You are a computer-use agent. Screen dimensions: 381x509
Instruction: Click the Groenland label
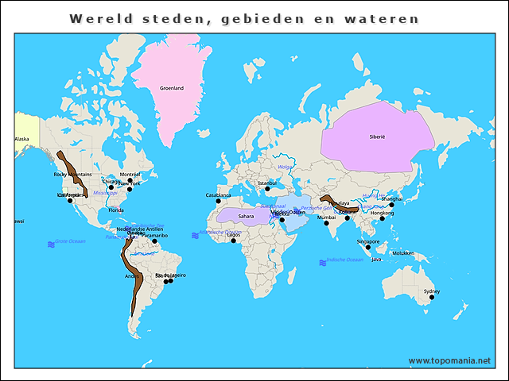172,88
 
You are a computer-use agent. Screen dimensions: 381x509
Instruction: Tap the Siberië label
377,137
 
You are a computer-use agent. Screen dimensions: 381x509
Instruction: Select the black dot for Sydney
433,297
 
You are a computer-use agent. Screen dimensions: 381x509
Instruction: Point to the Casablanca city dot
218,201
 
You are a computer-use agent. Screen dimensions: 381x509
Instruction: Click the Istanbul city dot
267,189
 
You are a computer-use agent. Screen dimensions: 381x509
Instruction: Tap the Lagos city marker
234,241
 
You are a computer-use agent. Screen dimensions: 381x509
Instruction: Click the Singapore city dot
368,247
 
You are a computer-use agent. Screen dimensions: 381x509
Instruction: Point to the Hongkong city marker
383,218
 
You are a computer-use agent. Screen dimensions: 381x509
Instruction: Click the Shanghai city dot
391,205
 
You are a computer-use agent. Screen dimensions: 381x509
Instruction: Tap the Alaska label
21,139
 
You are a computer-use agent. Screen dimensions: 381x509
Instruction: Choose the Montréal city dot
130,180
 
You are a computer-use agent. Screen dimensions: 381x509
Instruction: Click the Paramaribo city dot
155,241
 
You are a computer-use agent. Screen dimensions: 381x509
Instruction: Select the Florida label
117,210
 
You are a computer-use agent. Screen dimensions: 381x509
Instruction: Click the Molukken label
404,253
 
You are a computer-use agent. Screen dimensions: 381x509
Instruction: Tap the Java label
377,260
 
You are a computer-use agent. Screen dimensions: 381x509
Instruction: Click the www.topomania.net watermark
449,360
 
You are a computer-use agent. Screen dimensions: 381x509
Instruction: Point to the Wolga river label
285,167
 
